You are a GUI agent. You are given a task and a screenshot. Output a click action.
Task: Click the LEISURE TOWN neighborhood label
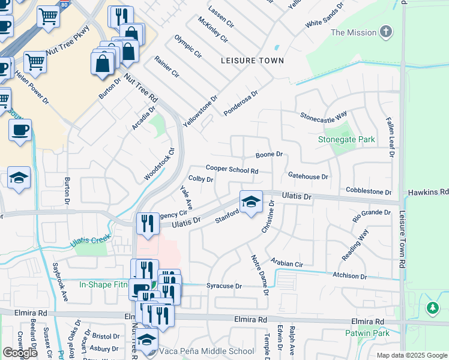coord(252,61)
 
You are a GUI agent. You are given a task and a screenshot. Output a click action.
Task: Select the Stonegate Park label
coord(346,140)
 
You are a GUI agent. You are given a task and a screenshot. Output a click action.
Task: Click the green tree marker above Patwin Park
coord(432,308)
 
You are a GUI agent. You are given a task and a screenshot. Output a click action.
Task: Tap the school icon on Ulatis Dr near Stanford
coord(251,201)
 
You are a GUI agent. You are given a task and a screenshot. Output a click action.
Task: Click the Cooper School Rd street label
coord(232,170)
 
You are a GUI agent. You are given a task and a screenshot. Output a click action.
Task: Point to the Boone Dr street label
coord(269,155)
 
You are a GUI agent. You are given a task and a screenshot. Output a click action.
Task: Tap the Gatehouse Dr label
coord(308,177)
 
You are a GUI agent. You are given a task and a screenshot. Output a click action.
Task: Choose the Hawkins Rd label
coord(428,192)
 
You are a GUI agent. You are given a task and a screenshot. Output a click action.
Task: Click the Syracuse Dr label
coord(224,286)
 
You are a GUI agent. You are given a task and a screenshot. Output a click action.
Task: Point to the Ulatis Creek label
coord(90,240)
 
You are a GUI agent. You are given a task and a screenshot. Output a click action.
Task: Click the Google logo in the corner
coord(20,353)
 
